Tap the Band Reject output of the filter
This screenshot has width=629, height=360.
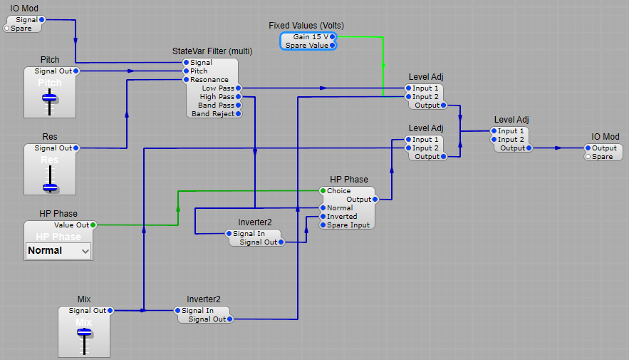click(x=238, y=114)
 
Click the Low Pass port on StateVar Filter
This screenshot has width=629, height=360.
click(x=238, y=88)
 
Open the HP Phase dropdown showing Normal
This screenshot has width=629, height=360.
click(x=58, y=250)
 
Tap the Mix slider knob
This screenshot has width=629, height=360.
click(x=84, y=333)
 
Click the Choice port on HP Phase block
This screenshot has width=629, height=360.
click(x=323, y=191)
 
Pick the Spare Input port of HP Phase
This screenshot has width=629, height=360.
click(x=323, y=225)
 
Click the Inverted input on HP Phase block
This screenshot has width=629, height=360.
click(x=323, y=217)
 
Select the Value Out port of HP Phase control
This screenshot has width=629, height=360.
click(x=93, y=225)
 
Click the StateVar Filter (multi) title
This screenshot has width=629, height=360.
click(x=212, y=51)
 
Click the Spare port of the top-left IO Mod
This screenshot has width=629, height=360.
click(x=7, y=29)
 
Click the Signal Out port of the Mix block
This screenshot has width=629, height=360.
click(x=110, y=311)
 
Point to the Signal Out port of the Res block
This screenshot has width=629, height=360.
click(x=76, y=148)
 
